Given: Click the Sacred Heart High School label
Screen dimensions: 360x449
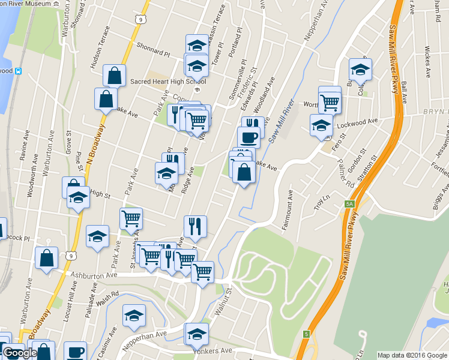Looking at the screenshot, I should tap(159, 82).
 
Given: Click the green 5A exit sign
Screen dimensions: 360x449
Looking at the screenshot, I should tap(349, 204).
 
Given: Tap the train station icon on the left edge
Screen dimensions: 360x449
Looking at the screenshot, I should tap(19, 71).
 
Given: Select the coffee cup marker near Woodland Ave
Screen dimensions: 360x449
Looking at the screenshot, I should tap(249, 138).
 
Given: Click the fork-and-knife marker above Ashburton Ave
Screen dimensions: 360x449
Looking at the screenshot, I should tap(195, 226).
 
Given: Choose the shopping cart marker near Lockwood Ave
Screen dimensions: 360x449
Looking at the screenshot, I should tap(330, 103).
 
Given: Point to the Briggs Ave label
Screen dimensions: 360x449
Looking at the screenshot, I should tap(444, 196).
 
